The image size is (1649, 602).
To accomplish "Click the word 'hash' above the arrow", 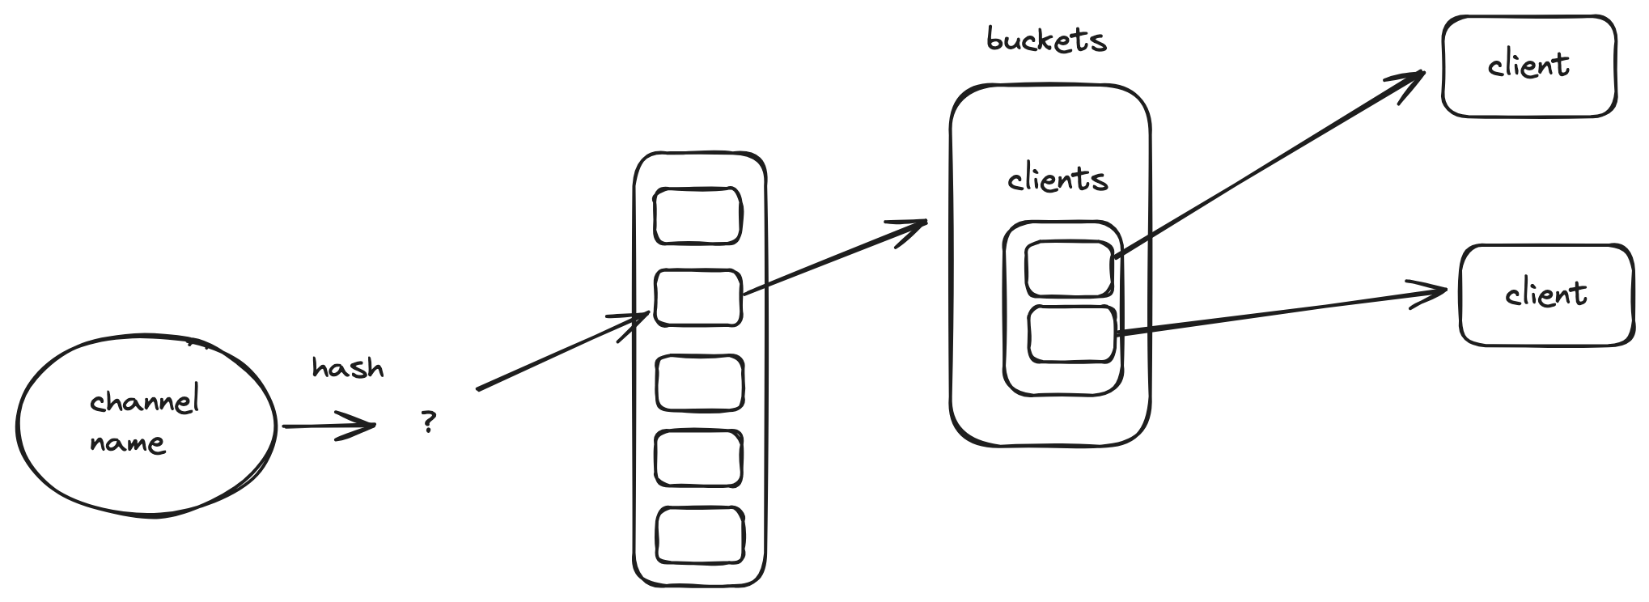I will point(348,368).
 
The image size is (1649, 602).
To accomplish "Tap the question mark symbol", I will point(428,422).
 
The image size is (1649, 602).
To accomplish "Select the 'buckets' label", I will point(1046,40).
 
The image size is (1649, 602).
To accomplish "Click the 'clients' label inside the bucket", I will point(1058,178).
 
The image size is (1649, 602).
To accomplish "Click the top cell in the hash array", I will point(697,216).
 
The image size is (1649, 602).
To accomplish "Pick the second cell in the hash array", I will point(697,298).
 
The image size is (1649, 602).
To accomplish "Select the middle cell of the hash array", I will point(699,383).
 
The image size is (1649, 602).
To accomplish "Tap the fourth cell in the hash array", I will point(699,459).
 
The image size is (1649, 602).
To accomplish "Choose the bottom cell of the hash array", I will point(699,536).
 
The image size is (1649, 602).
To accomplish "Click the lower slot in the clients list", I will point(1071,334).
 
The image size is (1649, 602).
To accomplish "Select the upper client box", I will point(1529,66).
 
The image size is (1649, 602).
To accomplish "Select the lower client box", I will point(1546,295).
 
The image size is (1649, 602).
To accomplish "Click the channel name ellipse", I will point(146,425).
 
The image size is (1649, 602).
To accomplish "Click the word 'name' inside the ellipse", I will point(127,444).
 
